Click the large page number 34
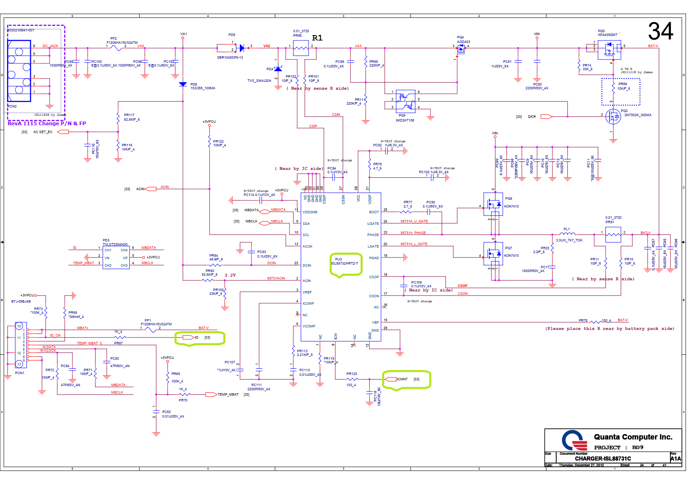tap(660, 31)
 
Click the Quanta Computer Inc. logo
tap(574, 441)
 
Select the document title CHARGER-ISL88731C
tap(603, 459)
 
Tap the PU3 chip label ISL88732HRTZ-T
tap(344, 263)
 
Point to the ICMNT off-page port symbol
tap(390, 379)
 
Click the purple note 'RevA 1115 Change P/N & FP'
tap(47, 123)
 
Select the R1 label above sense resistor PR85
tap(317, 38)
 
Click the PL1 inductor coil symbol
tap(567, 234)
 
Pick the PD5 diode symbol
tap(242, 48)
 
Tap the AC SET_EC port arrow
tap(63, 132)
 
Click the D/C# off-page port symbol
tap(546, 117)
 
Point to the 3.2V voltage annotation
tap(230, 275)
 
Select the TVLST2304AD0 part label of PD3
tap(115, 244)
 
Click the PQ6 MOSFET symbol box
tap(493, 204)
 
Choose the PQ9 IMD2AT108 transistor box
tap(405, 101)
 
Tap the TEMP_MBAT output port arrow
tap(211, 394)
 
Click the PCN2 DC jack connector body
tap(19, 71)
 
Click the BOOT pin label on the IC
tap(374, 212)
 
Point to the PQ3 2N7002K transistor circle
tap(613, 117)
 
